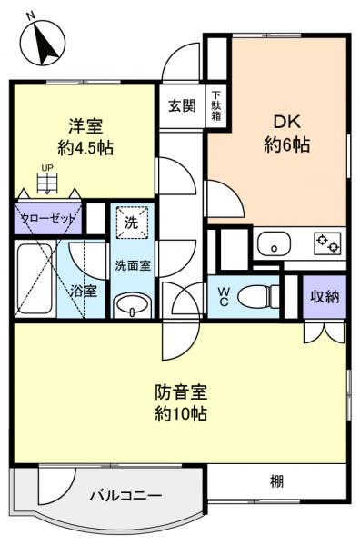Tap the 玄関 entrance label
(x=182, y=105)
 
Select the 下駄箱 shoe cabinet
(x=216, y=105)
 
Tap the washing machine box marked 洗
(x=132, y=221)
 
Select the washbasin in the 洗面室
(x=133, y=303)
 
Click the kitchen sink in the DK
(x=273, y=243)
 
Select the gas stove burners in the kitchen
(x=326, y=243)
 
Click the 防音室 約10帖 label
(x=182, y=403)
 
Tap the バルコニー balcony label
(x=125, y=496)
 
